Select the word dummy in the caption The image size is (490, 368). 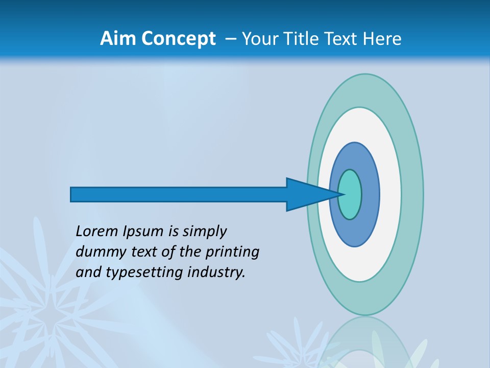(100, 252)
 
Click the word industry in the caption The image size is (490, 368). (216, 272)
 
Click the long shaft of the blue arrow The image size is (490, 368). (179, 195)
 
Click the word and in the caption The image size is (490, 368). (88, 272)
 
